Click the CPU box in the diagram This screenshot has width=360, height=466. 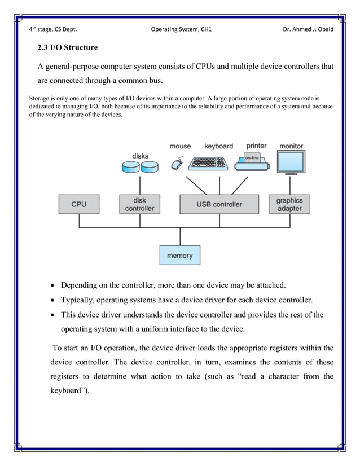[78, 204]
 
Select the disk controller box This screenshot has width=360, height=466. [139, 204]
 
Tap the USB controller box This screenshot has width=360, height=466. [219, 204]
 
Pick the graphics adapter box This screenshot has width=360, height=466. [289, 204]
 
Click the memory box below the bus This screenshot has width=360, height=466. [179, 256]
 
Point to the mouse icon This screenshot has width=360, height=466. [177, 164]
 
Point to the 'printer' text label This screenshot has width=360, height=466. [256, 146]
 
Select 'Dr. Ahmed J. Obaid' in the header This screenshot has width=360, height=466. [308, 29]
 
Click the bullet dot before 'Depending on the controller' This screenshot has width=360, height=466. [52, 285]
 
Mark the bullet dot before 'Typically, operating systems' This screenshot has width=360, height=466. [52, 300]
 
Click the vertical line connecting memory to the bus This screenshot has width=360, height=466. [179, 236]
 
